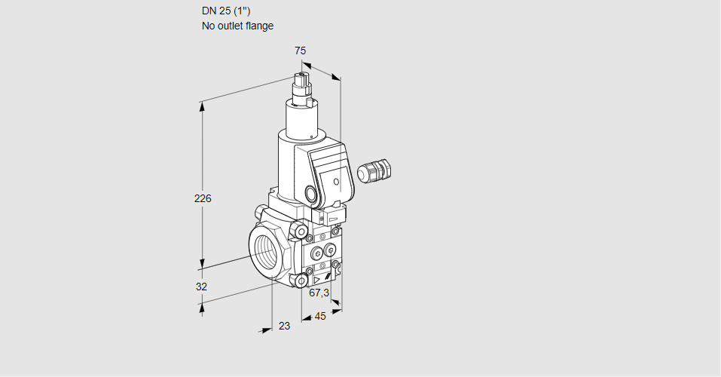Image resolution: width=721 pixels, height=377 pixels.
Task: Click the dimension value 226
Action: coord(203,198)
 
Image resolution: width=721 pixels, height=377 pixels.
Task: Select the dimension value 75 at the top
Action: coord(301,51)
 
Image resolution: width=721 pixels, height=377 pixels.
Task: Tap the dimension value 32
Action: coord(201,287)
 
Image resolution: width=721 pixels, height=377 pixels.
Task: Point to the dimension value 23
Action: coord(285,326)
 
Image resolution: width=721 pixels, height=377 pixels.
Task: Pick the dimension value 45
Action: coord(320,316)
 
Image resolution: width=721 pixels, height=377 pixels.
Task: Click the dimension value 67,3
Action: coord(319,293)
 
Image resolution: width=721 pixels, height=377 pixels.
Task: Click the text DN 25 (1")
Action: coord(226,11)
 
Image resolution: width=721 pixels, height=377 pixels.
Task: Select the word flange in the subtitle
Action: coord(259,26)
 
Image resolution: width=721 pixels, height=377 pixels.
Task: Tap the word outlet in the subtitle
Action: coord(230,26)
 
